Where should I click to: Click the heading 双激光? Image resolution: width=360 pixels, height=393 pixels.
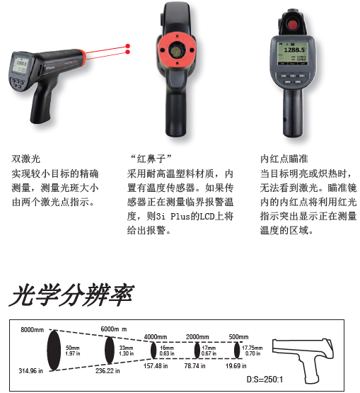pos(25,159)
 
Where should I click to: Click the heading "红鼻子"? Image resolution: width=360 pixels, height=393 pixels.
pos(150,159)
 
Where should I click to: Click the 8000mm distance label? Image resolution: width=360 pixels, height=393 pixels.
pos(33,330)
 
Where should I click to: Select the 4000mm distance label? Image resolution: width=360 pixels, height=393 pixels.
pos(156,337)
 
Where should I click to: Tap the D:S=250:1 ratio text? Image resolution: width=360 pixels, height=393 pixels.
pos(266,380)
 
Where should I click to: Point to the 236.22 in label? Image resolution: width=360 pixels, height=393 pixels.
pos(108,370)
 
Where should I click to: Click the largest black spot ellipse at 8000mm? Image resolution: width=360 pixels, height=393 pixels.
pos(53,351)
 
